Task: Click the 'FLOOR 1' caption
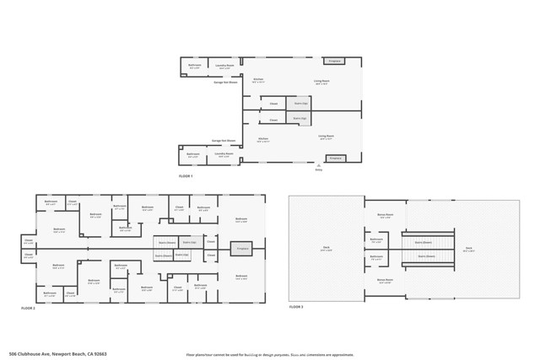coord(186,176)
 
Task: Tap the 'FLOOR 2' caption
coord(29,309)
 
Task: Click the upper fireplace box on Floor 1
coord(335,61)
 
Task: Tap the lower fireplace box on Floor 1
coord(335,158)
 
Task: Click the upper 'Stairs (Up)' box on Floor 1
coord(299,104)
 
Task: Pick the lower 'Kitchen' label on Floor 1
coord(262,140)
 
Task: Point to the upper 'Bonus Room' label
coord(384,215)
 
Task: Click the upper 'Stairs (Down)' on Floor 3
coord(422,242)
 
